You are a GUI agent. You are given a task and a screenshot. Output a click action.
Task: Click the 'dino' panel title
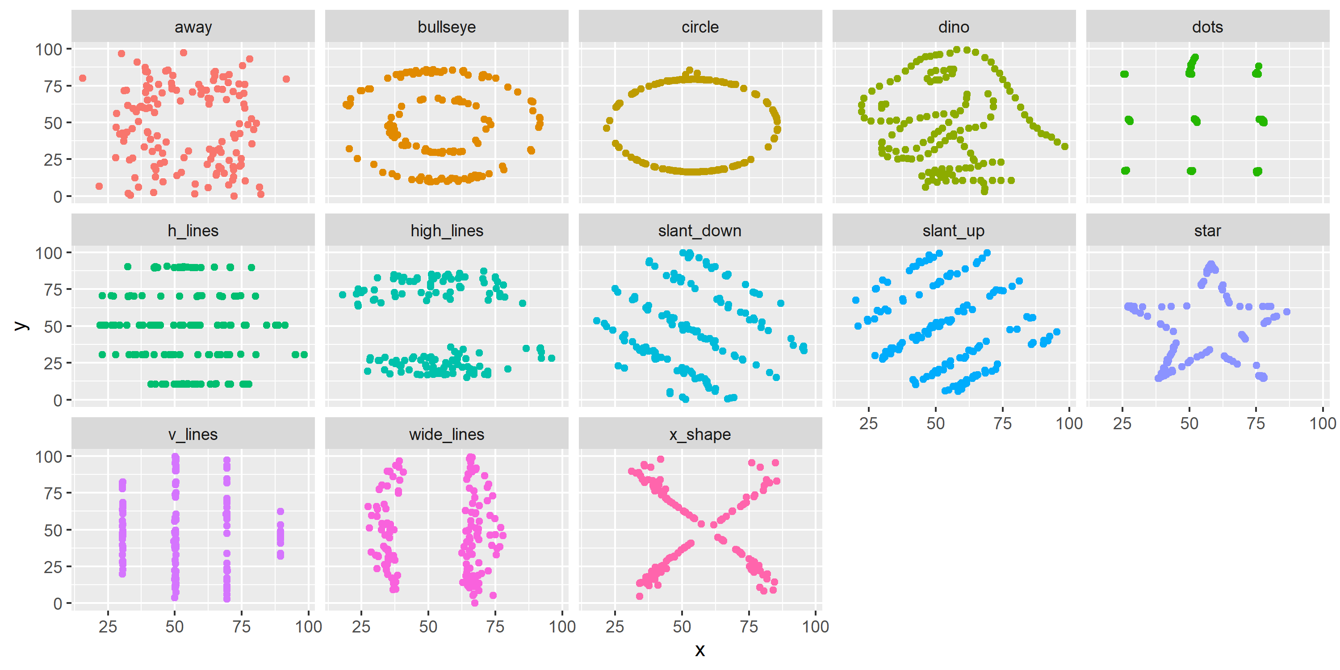(954, 27)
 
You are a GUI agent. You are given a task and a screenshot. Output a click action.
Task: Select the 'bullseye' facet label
(446, 27)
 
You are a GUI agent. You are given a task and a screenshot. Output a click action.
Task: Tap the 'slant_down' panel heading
(699, 230)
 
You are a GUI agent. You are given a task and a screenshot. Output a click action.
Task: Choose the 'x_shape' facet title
(699, 434)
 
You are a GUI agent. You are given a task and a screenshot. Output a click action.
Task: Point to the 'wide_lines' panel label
(446, 434)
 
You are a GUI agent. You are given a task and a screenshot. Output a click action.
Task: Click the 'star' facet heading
(1207, 230)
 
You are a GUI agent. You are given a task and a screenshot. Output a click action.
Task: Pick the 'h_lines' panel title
(193, 230)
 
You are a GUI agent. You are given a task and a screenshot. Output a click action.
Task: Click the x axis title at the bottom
(699, 650)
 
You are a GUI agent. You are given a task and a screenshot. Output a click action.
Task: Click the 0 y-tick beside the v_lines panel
(57, 604)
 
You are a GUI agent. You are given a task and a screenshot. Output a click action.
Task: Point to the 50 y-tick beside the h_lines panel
(53, 327)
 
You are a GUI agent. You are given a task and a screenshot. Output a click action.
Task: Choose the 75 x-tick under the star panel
(1256, 423)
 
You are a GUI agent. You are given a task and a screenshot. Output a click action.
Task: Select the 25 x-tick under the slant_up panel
(868, 423)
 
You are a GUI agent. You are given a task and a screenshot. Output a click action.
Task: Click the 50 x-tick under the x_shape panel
(682, 627)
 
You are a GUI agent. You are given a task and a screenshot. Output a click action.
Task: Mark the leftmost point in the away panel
(82, 79)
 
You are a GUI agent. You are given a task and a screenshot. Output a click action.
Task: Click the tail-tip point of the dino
(1065, 147)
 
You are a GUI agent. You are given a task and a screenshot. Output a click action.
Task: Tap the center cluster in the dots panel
(1195, 121)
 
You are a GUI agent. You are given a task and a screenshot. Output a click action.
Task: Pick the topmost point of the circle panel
(690, 70)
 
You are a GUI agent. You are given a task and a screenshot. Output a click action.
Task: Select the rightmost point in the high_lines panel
(551, 358)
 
